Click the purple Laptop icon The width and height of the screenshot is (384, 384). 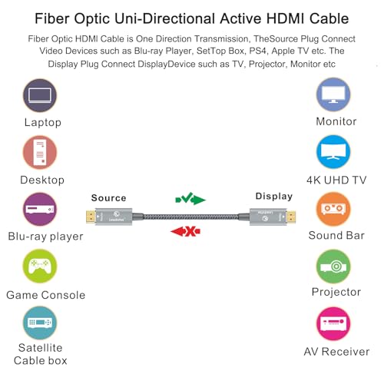tap(40, 95)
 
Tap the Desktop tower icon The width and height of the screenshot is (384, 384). tap(40, 152)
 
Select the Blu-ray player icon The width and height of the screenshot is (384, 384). tap(40, 209)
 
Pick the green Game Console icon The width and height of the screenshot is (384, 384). tap(40, 266)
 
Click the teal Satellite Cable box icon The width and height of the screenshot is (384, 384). tap(40, 323)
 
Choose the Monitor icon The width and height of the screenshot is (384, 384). tap(333, 94)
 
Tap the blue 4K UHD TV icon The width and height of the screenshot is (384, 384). tap(333, 152)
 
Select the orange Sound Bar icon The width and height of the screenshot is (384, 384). tap(333, 209)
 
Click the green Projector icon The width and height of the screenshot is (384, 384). tap(333, 266)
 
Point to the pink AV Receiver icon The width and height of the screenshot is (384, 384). tap(333, 323)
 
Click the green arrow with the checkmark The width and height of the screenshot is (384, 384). tap(190, 199)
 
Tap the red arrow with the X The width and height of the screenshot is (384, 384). tap(186, 232)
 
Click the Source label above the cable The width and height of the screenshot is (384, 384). tap(108, 198)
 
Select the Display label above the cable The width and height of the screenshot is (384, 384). tap(274, 196)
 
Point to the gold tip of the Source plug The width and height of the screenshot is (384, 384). tap(91, 217)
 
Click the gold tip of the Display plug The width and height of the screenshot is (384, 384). tap(291, 217)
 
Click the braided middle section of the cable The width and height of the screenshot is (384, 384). tap(190, 217)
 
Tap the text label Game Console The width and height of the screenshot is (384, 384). tap(46, 295)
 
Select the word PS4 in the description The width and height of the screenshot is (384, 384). tap(258, 51)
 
